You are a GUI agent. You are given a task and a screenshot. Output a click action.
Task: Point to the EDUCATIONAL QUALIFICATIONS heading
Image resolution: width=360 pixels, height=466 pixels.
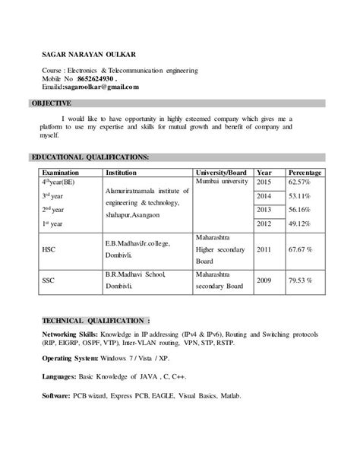click(90, 157)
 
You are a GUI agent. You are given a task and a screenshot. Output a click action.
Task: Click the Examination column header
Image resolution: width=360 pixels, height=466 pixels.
click(61, 173)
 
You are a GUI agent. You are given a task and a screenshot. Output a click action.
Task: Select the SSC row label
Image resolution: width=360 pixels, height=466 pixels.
click(49, 281)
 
